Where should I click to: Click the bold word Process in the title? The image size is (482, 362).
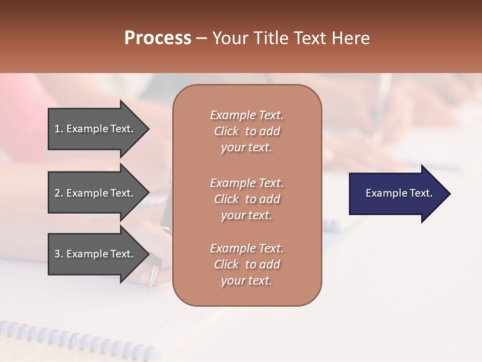[x=158, y=38]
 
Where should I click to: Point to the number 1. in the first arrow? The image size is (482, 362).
[x=59, y=129]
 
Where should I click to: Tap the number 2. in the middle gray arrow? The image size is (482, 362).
[x=59, y=193]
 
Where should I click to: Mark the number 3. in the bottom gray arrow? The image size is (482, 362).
[x=59, y=254]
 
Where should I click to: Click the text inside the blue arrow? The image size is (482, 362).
[x=399, y=193]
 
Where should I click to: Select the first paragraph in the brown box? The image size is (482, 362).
[x=247, y=131]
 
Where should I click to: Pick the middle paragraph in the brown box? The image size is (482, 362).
[x=247, y=199]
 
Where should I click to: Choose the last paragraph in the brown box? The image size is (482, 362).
[x=247, y=264]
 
